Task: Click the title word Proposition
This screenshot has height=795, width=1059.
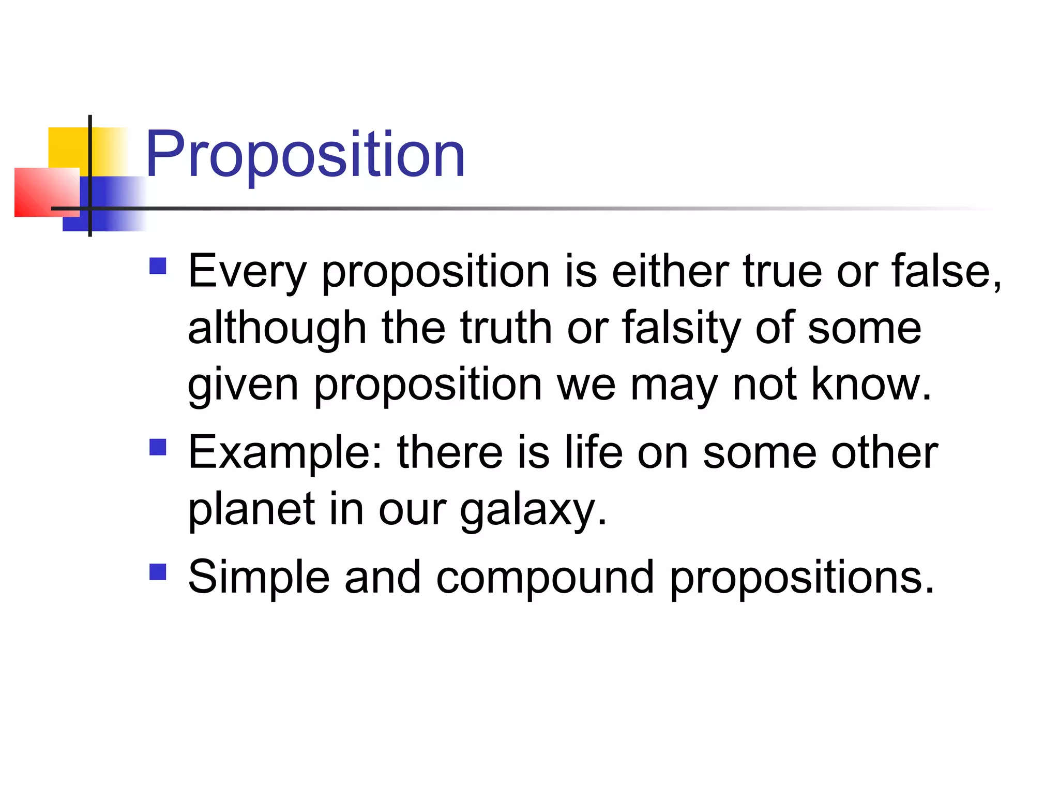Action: pos(305,155)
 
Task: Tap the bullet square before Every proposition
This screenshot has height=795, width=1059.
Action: pos(158,266)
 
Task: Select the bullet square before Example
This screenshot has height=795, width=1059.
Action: pos(158,447)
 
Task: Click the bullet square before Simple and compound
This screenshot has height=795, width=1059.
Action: pos(158,572)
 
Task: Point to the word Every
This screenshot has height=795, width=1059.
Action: pos(247,272)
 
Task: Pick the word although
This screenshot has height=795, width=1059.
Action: pos(277,329)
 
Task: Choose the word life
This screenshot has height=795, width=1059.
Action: pos(594,452)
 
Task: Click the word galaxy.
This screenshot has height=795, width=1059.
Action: pos(533,510)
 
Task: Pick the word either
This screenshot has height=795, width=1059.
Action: pos(670,271)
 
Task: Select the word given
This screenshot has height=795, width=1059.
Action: pos(243,386)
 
